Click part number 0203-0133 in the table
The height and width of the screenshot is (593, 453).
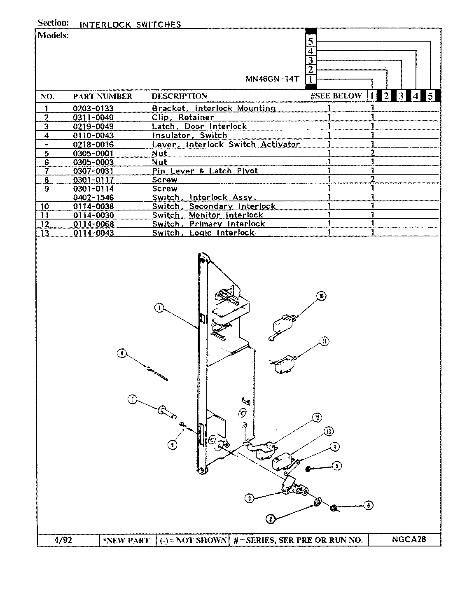click(x=93, y=109)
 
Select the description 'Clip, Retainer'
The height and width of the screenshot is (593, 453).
click(x=183, y=117)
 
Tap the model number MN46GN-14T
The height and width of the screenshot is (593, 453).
click(x=272, y=79)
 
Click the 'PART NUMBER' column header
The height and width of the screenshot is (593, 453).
click(x=103, y=96)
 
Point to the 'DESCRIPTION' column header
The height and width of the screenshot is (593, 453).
click(x=179, y=96)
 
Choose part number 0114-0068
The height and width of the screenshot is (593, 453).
click(x=93, y=224)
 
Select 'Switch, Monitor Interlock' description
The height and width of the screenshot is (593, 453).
click(x=208, y=215)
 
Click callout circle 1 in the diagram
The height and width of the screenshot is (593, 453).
click(x=160, y=308)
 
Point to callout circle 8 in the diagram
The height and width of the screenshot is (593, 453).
click(x=122, y=353)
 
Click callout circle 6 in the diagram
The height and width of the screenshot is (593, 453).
click(x=369, y=505)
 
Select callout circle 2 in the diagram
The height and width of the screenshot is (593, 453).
click(x=270, y=519)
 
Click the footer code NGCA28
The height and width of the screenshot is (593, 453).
click(x=409, y=540)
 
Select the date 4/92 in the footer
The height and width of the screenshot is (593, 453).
click(x=63, y=540)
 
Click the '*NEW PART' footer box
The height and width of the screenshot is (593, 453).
click(x=128, y=540)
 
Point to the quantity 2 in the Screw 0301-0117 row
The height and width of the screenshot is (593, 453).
click(x=372, y=180)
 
